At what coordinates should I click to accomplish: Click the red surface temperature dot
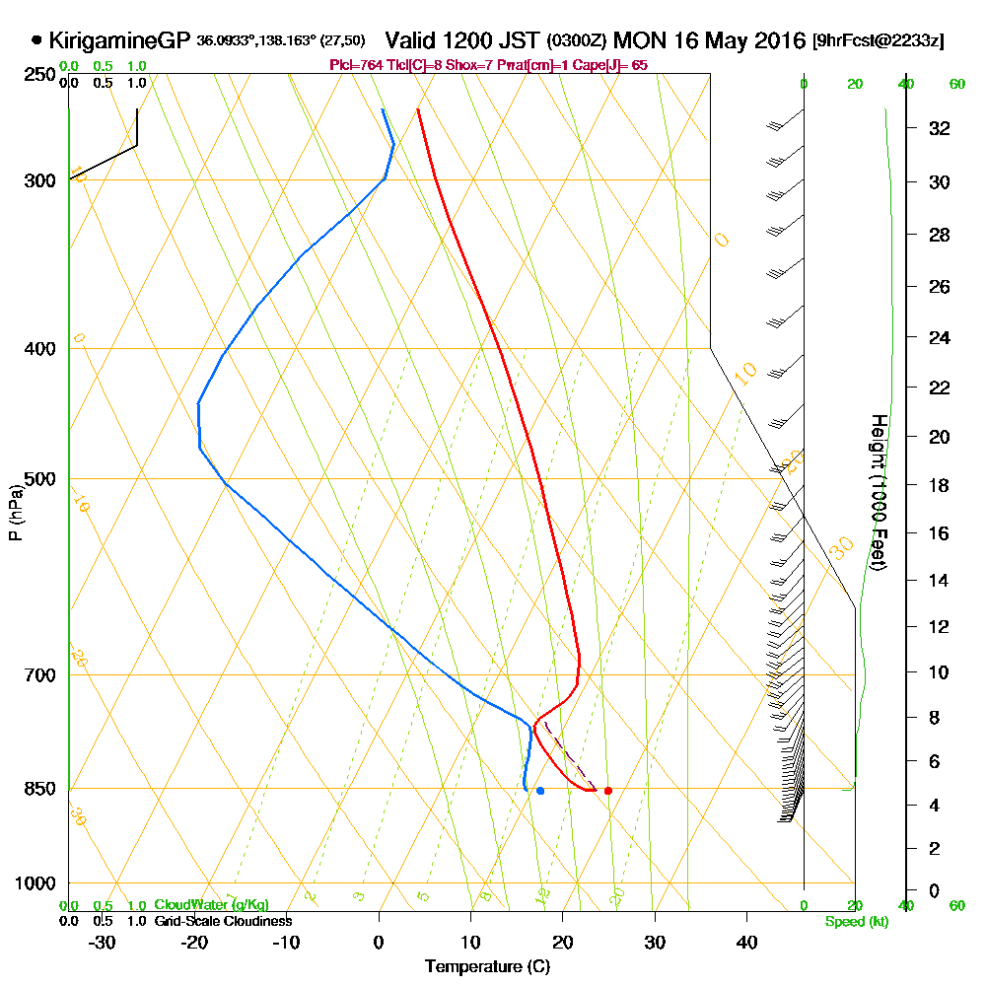tap(607, 791)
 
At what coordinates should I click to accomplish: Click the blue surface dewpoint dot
tap(540, 791)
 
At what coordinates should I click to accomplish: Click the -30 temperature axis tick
tap(103, 942)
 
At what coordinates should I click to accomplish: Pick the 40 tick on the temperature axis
tap(746, 942)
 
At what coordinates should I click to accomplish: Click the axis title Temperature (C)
tap(487, 967)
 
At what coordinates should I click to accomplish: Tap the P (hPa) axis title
tap(15, 512)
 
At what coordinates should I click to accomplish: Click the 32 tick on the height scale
tap(939, 128)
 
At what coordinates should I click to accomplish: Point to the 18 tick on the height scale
tap(939, 485)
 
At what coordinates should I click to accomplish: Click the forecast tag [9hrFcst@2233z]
tap(877, 41)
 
